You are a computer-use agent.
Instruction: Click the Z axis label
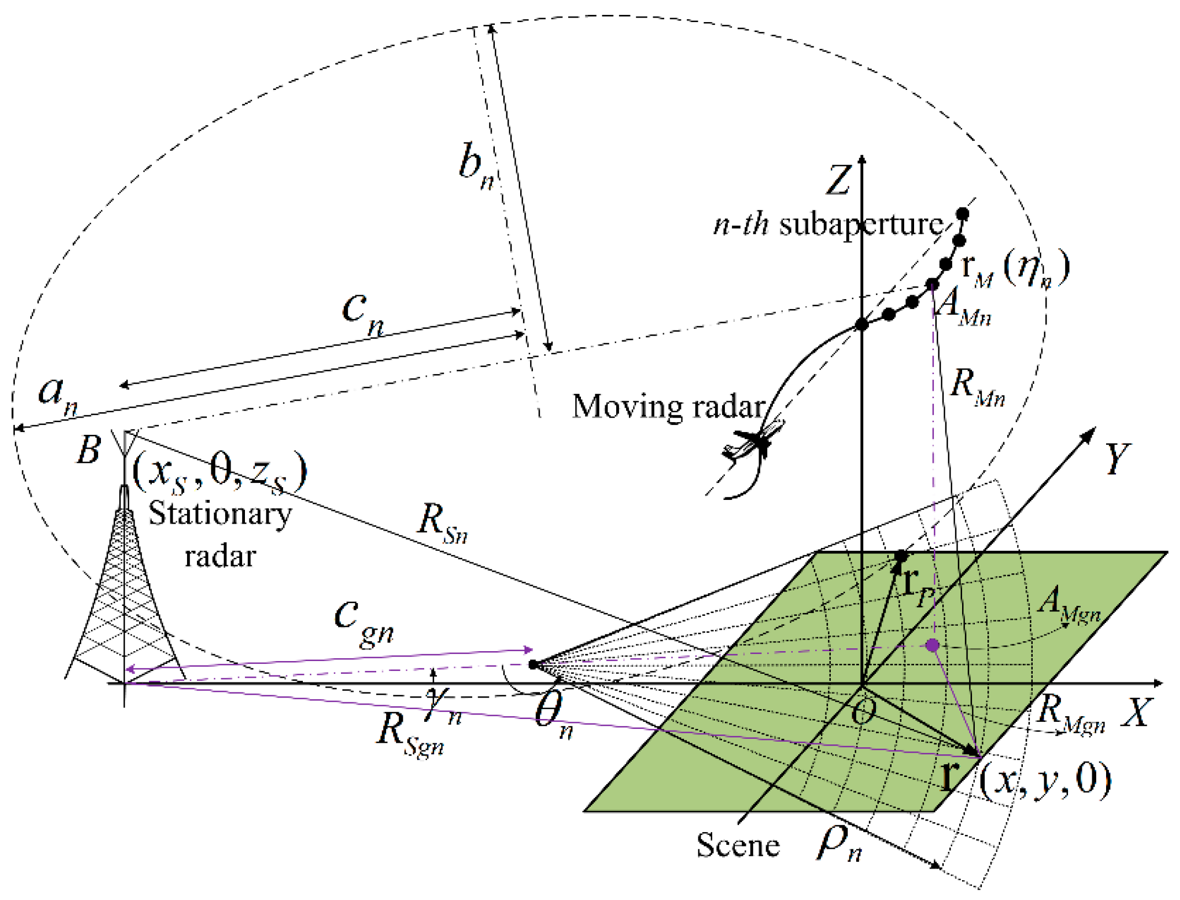[837, 180]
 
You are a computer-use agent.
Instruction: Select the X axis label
[1137, 712]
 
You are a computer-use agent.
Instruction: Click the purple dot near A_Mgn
[932, 645]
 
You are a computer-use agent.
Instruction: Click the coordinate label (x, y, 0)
[1045, 781]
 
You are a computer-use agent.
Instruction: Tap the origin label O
[863, 712]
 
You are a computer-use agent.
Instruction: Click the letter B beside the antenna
[89, 449]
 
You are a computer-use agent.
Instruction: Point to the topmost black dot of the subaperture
[963, 214]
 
